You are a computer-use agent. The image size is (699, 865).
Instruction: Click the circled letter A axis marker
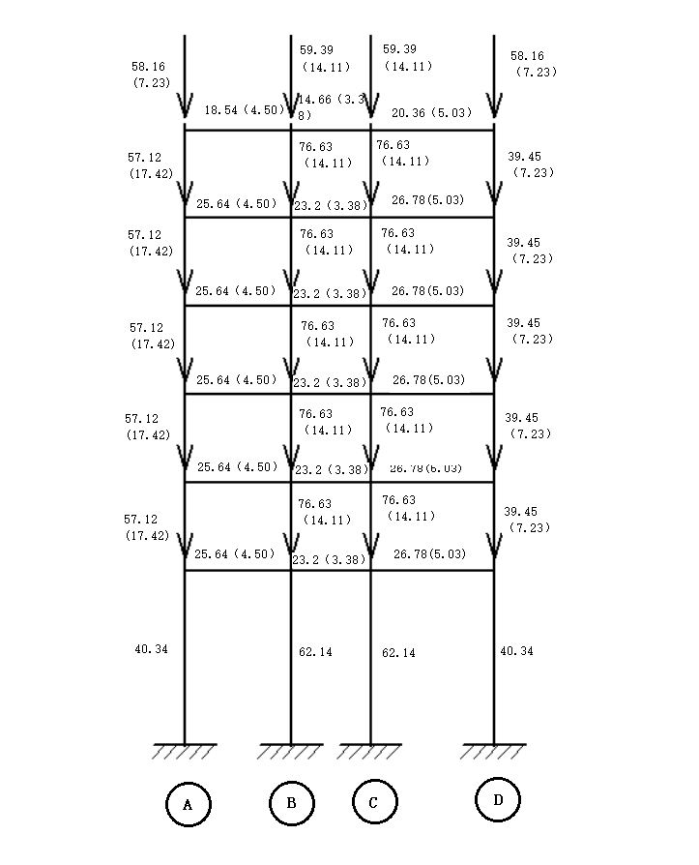188,803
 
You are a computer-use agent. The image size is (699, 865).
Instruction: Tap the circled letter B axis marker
291,802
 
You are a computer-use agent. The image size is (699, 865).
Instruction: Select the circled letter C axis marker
372,802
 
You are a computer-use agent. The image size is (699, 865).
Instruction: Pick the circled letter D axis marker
498,799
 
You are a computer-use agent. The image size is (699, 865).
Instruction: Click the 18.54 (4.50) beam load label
244,110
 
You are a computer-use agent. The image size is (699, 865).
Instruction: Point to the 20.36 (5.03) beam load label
432,113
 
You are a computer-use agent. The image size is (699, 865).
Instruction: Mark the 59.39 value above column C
401,49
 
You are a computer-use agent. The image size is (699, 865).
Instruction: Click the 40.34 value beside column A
151,649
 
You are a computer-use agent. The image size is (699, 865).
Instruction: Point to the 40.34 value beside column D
516,651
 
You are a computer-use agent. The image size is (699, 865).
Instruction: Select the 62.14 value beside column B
315,652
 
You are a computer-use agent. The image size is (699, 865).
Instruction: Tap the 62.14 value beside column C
398,653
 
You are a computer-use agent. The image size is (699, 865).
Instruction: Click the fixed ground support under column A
185,750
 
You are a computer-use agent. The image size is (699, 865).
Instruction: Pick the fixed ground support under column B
291,750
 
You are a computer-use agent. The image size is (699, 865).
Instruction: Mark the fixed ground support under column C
370,750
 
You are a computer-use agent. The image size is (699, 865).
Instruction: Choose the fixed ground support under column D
494,750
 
